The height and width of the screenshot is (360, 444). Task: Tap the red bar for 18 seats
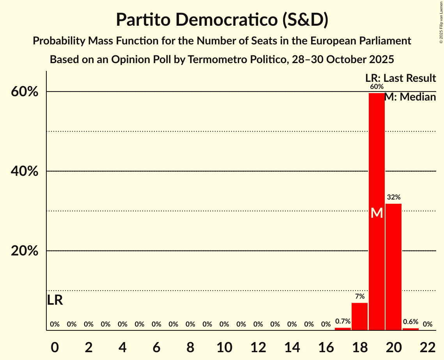359,316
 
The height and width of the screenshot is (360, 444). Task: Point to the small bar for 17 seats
343,329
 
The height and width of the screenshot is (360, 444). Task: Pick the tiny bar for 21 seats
410,329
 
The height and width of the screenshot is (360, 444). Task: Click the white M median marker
377,213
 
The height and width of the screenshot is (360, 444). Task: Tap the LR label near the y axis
55,300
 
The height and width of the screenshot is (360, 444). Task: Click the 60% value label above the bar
377,86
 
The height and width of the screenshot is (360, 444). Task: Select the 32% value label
393,197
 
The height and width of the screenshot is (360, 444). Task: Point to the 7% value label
359,296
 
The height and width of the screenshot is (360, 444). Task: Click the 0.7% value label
343,321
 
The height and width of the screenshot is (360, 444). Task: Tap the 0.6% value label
410,322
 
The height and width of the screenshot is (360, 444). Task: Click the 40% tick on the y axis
25,171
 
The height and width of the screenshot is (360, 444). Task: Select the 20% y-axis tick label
25,251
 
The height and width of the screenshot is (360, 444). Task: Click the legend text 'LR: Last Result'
400,78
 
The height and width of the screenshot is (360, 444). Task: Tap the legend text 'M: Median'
410,97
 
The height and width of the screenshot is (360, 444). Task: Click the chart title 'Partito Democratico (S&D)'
222,20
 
